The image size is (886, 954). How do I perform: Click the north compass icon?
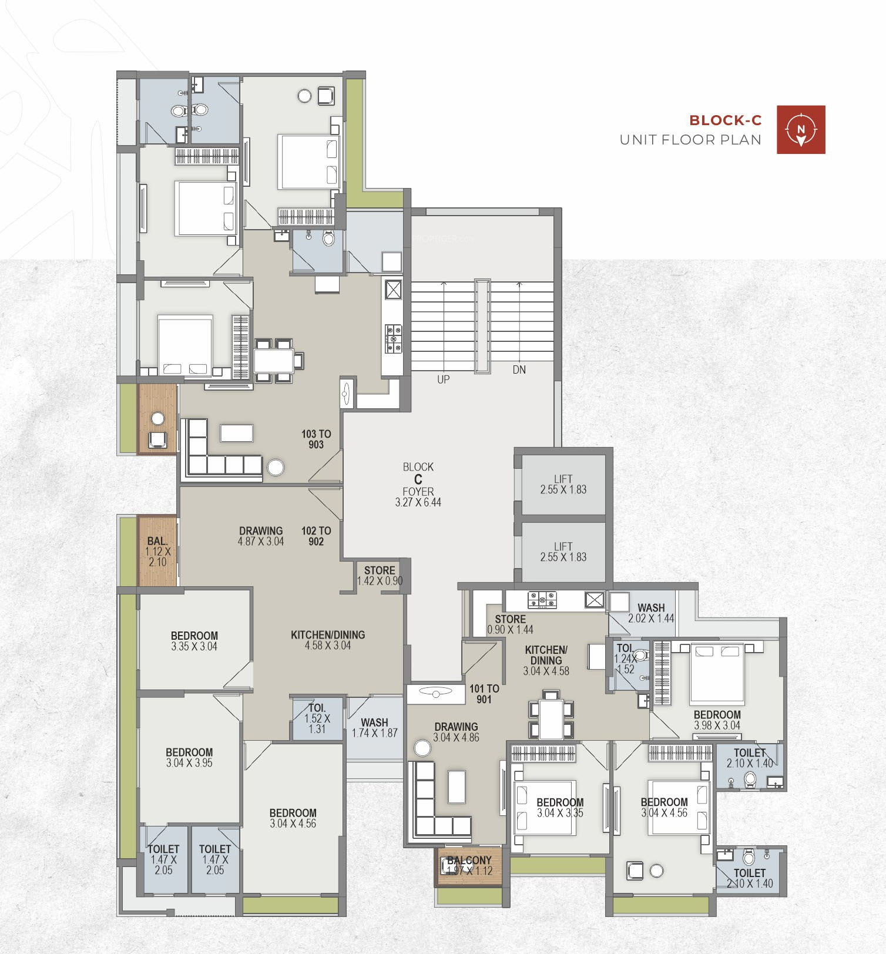pos(801,130)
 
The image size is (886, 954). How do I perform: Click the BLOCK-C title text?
pos(725,120)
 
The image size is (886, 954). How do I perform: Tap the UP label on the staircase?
pos(444,379)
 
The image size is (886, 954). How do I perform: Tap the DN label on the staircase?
pos(519,369)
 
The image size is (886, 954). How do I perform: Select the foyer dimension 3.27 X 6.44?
pos(418,502)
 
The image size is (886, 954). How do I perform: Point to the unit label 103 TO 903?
pos(316,439)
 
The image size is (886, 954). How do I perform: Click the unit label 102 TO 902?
pos(316,536)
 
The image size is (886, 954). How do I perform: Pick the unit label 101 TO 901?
pos(484,694)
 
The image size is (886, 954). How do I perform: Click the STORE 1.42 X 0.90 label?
pos(380,576)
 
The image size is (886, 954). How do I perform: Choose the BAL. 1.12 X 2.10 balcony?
pos(157,551)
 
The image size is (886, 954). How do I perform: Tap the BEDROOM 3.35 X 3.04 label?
pos(194,641)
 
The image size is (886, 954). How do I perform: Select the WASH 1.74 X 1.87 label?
pos(375,728)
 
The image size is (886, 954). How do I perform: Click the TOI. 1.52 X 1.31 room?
pos(317,719)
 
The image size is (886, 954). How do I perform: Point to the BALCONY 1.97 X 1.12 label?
pos(469,866)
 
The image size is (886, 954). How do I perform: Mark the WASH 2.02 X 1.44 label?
pos(651,613)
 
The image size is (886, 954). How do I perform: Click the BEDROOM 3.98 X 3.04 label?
pos(717,720)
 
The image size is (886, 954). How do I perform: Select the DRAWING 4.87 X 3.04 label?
pos(261,536)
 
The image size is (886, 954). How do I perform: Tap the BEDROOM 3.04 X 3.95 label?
pos(189,757)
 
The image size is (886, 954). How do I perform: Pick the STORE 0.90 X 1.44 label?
pos(510,624)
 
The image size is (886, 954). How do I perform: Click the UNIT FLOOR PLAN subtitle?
pos(691,140)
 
